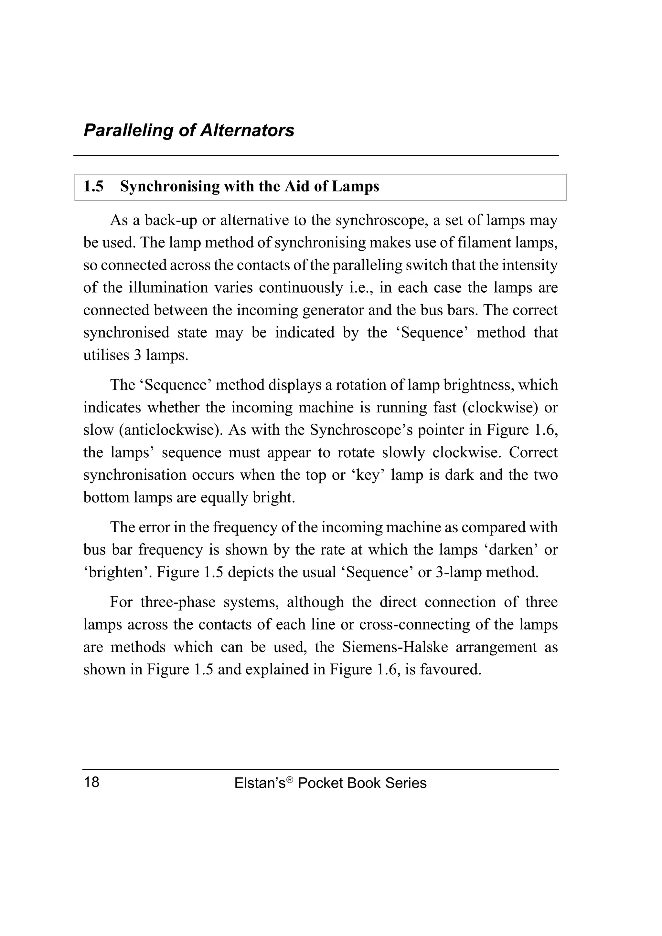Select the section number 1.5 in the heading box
tap(93, 187)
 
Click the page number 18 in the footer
tap(92, 782)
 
